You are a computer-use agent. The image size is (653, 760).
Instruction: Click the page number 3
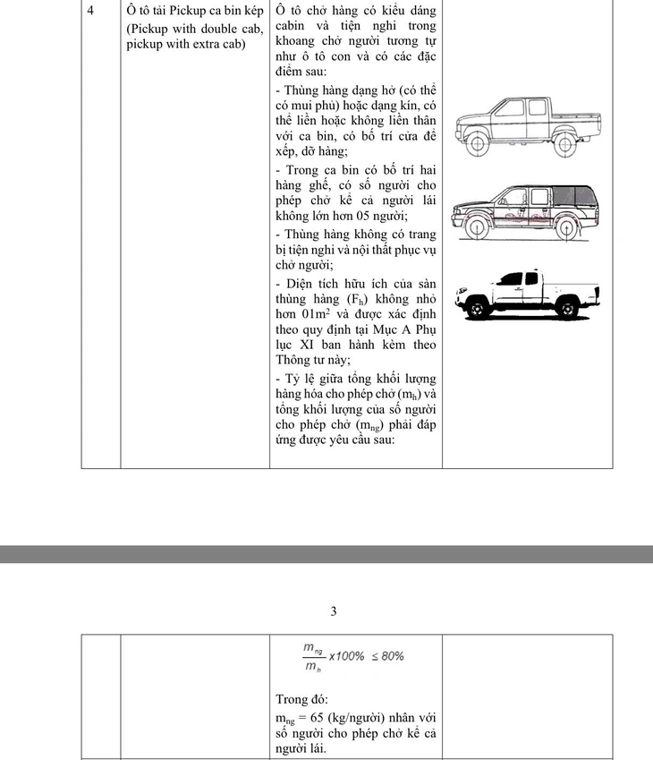point(333,612)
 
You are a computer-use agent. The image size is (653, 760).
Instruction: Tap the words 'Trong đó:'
point(302,699)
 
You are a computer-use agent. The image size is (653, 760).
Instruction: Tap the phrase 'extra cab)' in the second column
point(237,45)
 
